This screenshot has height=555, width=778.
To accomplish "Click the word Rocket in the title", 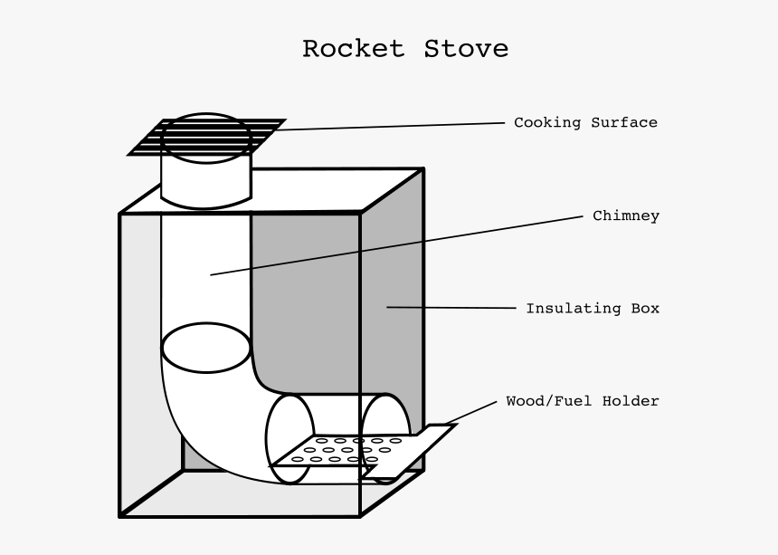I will pos(353,48).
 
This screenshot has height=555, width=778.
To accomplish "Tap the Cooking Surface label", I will pos(585,122).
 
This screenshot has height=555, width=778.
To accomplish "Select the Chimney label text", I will pos(625,215).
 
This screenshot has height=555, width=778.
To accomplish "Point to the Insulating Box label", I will pos(593,308).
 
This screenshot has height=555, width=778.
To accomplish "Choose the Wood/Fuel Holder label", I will pos(582,400).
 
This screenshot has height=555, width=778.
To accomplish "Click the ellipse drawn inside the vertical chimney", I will pos(206,348).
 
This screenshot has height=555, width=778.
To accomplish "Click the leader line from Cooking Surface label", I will pos(389,126).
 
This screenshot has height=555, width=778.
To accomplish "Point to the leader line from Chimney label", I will pos(398,244).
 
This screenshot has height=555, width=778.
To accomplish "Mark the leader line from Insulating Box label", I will pos(452,308).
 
